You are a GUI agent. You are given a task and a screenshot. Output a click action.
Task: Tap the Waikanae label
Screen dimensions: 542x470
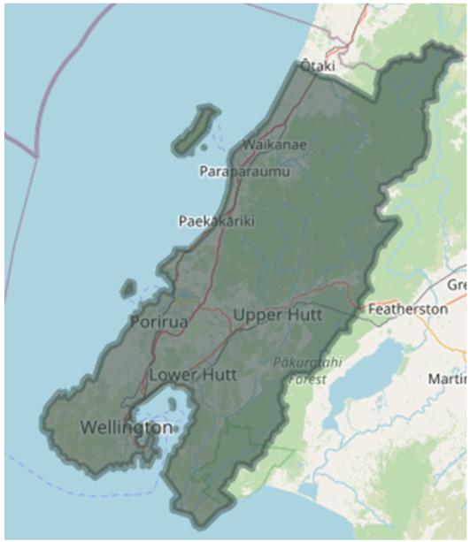click(x=253, y=143)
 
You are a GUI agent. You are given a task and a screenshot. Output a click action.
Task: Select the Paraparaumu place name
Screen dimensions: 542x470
click(x=244, y=171)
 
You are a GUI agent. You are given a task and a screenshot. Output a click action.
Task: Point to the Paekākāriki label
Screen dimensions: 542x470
click(x=216, y=221)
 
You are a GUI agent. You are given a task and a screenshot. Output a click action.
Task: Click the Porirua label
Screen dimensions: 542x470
click(x=158, y=322)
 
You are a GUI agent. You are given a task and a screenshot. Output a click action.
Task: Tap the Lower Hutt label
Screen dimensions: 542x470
click(x=192, y=374)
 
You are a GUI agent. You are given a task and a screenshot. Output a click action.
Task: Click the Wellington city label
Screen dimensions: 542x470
click(x=126, y=427)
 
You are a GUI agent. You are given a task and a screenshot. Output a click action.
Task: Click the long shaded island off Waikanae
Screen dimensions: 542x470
click(x=196, y=129)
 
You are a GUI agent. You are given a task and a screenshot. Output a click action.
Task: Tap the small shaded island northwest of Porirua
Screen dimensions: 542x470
click(x=129, y=288)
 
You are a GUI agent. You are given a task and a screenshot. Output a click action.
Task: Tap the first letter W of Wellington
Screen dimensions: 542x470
click(x=87, y=427)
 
